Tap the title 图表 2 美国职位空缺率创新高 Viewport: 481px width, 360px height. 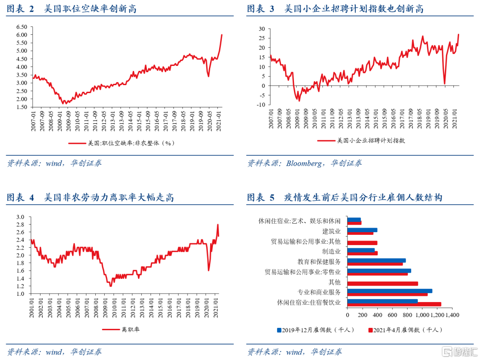(71, 8)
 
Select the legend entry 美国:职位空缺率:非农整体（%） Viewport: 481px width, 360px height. (121, 143)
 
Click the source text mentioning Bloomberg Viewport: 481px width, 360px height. (305, 163)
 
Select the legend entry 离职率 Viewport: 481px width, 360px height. (122, 330)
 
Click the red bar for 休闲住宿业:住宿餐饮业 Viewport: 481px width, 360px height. (394, 304)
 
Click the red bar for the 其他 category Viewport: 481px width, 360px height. (382, 283)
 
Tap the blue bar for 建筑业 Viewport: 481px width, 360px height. (362, 230)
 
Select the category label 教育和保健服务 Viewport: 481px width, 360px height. (319, 262)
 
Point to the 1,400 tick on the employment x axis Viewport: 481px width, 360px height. (452, 315)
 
